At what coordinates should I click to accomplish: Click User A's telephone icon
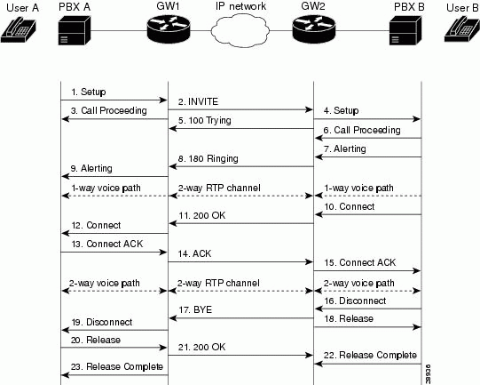tap(19, 29)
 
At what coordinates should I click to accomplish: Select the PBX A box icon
tap(75, 31)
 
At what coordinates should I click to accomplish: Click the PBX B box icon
tap(405, 31)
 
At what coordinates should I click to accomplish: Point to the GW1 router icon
tap(169, 29)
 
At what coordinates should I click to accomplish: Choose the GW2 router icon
tap(314, 29)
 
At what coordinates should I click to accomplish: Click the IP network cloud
tap(240, 30)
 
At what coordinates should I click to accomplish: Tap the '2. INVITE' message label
tap(198, 101)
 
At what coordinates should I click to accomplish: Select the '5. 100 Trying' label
tap(204, 121)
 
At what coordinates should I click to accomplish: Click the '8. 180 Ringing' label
tap(209, 158)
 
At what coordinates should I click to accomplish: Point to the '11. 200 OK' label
tap(202, 215)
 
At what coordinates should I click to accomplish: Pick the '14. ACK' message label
tap(194, 253)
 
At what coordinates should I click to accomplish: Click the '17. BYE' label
tap(195, 309)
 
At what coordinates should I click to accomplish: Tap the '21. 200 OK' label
tap(201, 347)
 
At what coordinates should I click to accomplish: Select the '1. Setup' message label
tap(89, 92)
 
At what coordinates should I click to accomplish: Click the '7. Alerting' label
tap(345, 149)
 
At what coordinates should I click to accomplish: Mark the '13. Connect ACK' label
tap(107, 244)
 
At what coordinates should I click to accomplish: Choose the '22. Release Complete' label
tap(370, 356)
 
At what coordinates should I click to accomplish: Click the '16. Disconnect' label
tap(355, 301)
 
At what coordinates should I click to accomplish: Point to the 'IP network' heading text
tap(240, 6)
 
